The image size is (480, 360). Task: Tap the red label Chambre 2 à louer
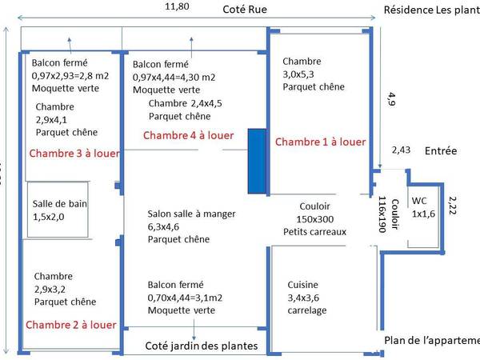tap(71, 325)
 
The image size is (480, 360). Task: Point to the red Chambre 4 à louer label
tap(188, 135)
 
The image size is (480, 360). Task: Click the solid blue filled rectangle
tap(257, 161)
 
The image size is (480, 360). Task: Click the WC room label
tap(419, 201)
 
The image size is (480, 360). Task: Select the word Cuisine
tap(302, 284)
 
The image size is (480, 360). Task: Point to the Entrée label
tap(442, 150)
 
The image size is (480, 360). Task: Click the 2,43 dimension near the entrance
tap(402, 150)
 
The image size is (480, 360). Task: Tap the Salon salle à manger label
tap(188, 214)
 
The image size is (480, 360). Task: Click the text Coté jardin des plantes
tap(201, 346)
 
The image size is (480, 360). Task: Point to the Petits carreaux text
tap(314, 232)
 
